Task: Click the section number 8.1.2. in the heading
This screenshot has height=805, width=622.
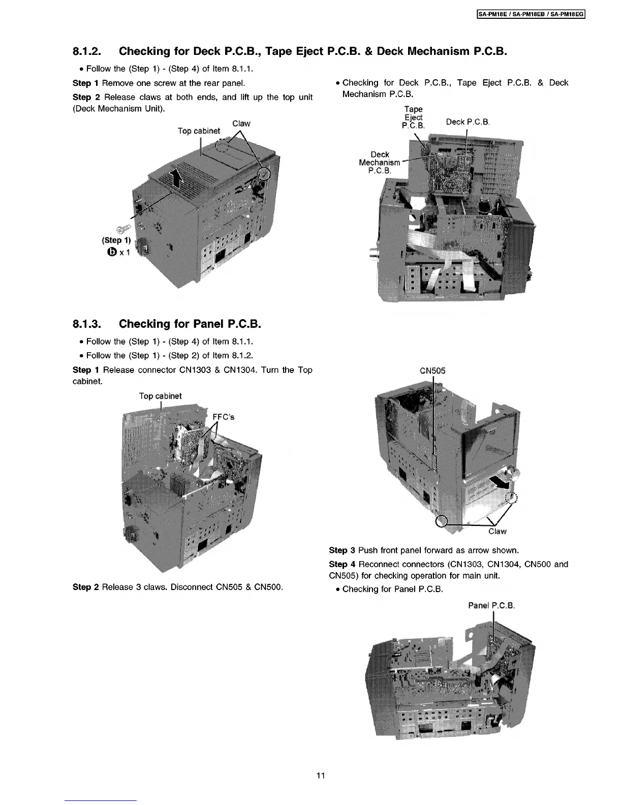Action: (88, 51)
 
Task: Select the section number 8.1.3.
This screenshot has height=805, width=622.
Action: (88, 324)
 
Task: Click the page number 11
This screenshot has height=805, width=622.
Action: (320, 776)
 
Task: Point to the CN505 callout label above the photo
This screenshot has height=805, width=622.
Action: (432, 370)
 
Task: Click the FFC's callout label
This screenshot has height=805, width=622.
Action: (224, 417)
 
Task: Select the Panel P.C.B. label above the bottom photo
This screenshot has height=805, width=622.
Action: (492, 605)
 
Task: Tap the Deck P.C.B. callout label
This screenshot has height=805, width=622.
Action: (468, 122)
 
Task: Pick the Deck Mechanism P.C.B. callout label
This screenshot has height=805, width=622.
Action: (380, 162)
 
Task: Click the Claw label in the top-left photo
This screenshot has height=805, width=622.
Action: (241, 123)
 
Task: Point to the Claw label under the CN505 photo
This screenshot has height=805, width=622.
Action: (497, 532)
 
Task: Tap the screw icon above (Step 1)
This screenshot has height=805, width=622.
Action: (122, 230)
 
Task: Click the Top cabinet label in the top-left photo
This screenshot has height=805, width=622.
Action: (199, 131)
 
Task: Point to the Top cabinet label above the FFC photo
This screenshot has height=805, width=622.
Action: (160, 396)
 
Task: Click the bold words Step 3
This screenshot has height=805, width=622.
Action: (342, 550)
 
